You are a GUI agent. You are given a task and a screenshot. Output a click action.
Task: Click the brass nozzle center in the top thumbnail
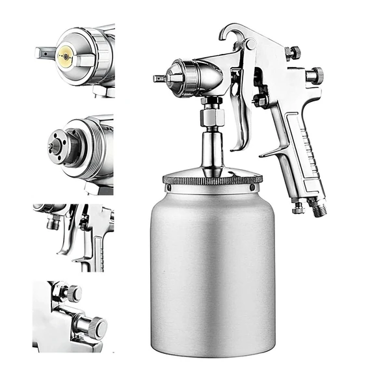pos(64,57)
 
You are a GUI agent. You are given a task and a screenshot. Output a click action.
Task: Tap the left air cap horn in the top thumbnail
pos(44,51)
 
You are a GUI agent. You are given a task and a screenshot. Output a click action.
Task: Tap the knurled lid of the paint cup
pos(212,178)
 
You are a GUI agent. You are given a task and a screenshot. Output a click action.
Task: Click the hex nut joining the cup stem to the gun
pos(212,117)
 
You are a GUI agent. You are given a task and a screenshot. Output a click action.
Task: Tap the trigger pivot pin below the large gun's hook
pos(249,45)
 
